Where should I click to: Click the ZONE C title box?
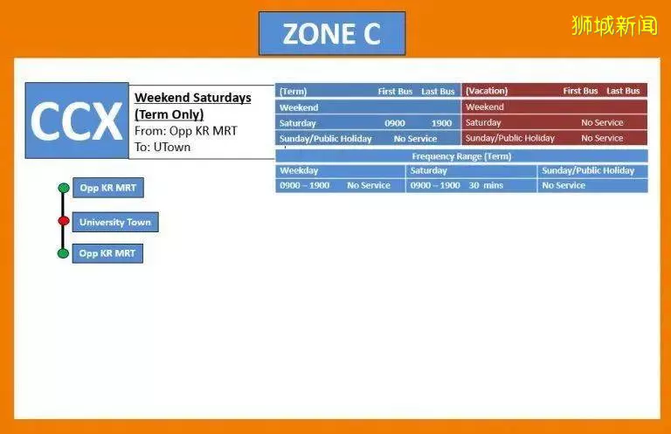point(332,33)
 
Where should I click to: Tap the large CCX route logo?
point(77,121)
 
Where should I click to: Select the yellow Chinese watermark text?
point(614,25)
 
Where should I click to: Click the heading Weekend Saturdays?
point(193,98)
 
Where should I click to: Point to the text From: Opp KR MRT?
point(186,131)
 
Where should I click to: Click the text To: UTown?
point(163,147)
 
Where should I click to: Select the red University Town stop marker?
point(64,221)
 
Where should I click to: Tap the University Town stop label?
point(115,223)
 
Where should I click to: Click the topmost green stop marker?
point(64,188)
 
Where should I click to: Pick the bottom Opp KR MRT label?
point(107,253)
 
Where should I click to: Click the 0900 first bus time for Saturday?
point(395,124)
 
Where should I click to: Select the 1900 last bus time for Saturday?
point(441,124)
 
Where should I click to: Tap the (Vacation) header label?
point(487,91)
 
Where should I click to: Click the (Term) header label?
point(294,92)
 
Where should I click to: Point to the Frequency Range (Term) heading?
point(461,156)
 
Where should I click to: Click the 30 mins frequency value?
point(486,186)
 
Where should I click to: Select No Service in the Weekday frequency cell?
point(369,186)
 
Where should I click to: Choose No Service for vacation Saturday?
point(602,123)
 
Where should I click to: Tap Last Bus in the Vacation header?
point(623,91)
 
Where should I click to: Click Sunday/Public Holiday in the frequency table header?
point(588,170)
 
